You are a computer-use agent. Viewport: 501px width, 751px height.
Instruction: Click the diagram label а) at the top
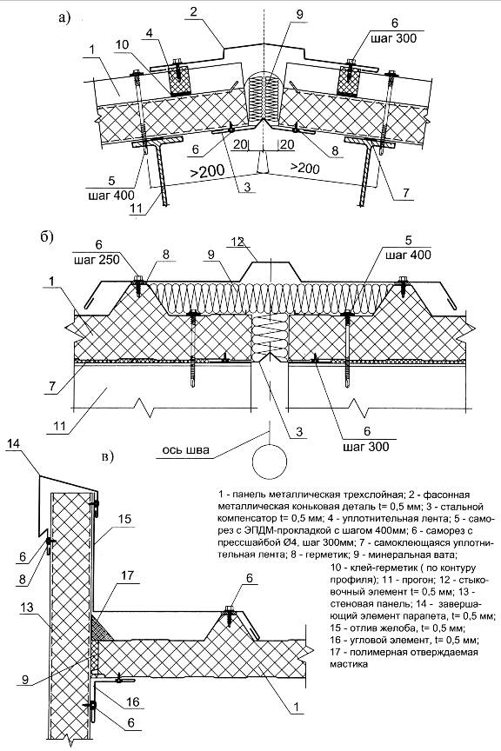[63, 17]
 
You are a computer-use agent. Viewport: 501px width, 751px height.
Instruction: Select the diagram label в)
[108, 457]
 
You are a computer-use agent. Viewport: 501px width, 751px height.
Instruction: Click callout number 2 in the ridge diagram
[193, 12]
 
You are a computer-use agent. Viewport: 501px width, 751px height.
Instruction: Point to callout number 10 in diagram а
[122, 44]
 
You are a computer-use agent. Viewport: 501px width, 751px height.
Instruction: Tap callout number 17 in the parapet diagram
[128, 575]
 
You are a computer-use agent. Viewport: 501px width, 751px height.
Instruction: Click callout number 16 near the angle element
[132, 702]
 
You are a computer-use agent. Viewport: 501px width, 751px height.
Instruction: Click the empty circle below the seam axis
[270, 462]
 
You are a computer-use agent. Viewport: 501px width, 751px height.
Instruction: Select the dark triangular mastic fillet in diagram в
[102, 628]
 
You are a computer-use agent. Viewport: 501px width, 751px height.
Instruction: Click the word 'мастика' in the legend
[349, 664]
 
